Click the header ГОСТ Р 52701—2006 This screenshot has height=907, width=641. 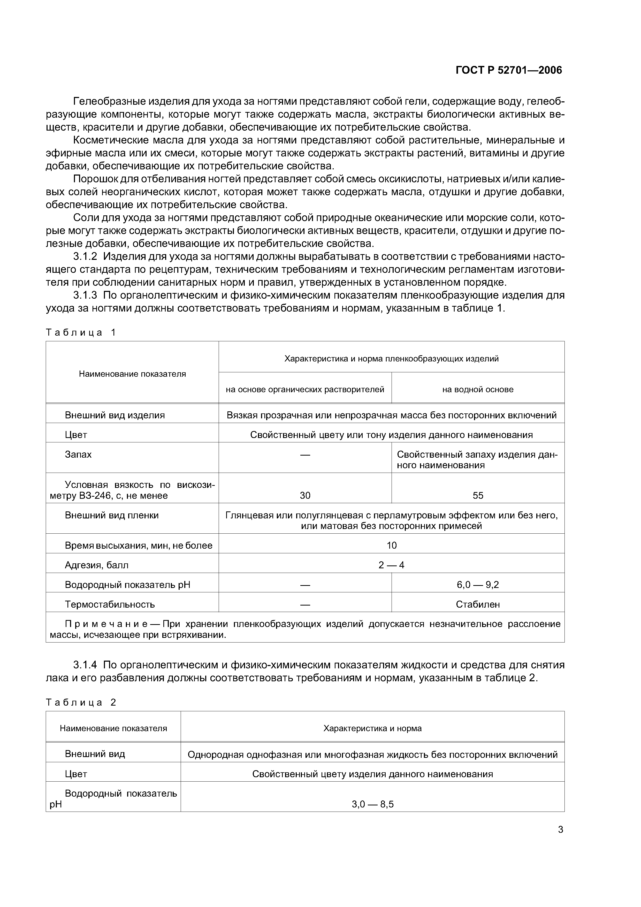[x=509, y=70]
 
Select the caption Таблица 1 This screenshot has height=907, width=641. [x=81, y=332]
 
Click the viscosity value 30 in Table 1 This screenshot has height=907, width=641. [x=305, y=496]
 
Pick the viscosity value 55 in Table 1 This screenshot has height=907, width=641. [x=478, y=496]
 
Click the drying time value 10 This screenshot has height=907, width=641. [x=391, y=546]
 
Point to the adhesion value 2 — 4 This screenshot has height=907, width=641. [x=391, y=565]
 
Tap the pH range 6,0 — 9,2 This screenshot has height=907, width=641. [x=478, y=585]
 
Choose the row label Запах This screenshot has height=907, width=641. [x=78, y=455]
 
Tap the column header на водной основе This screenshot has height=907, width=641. [x=478, y=389]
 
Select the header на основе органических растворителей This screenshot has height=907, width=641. [x=305, y=389]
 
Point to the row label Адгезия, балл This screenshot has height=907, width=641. [x=97, y=565]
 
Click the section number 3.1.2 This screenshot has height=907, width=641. [x=85, y=256]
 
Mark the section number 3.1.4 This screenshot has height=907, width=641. [x=85, y=665]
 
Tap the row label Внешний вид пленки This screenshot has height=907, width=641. [x=112, y=516]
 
